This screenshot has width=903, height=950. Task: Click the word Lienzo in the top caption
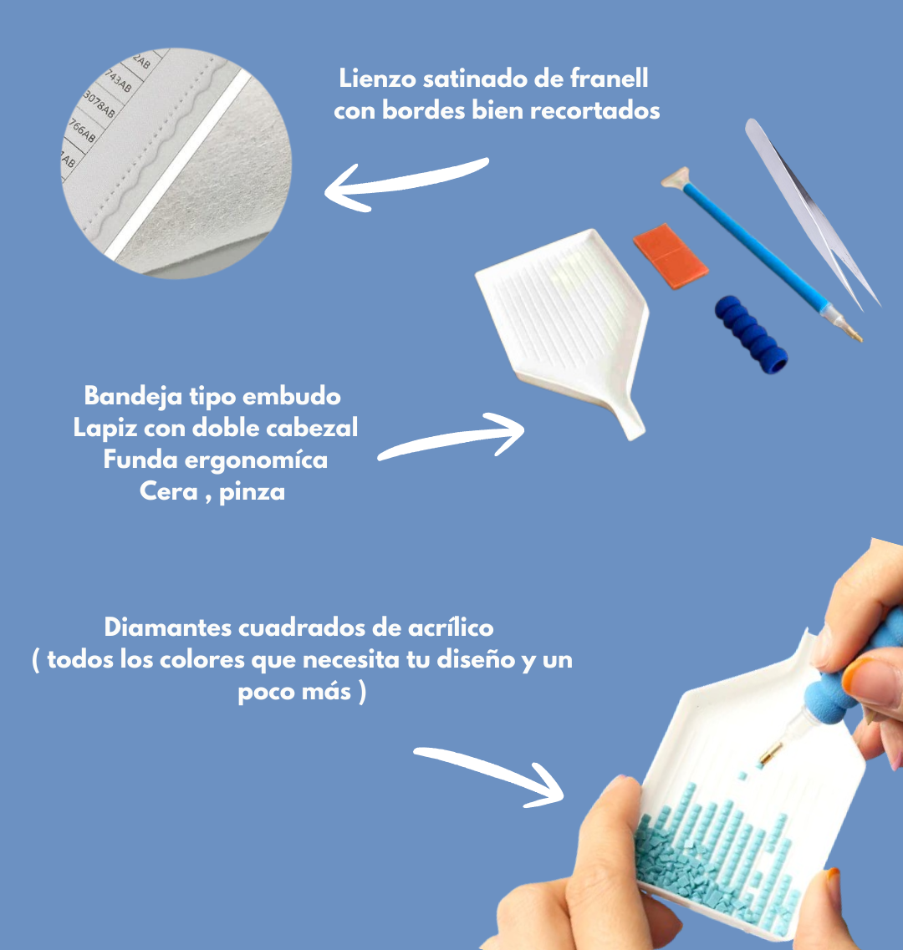tap(376, 79)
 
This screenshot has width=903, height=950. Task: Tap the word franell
tap(610, 79)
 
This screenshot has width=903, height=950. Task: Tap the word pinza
tap(252, 492)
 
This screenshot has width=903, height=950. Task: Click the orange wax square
tap(671, 256)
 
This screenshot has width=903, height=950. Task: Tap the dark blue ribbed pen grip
tap(751, 334)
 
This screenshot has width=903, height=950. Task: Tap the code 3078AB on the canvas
tap(99, 104)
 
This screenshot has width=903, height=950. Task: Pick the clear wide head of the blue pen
tap(676, 179)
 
